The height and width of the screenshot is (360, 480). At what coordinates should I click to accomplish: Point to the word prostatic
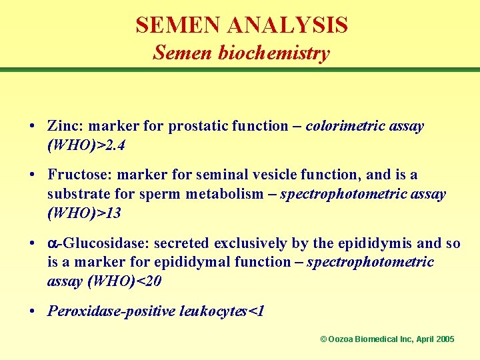click(x=199, y=126)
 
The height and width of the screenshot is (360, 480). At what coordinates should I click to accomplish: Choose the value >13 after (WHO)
click(x=108, y=213)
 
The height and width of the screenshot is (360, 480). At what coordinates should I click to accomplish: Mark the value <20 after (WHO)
click(x=147, y=281)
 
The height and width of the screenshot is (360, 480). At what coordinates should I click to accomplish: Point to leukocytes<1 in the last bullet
click(x=222, y=311)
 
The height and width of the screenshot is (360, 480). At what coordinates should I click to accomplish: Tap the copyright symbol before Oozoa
click(x=323, y=339)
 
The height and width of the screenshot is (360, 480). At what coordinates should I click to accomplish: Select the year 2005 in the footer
click(x=444, y=339)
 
